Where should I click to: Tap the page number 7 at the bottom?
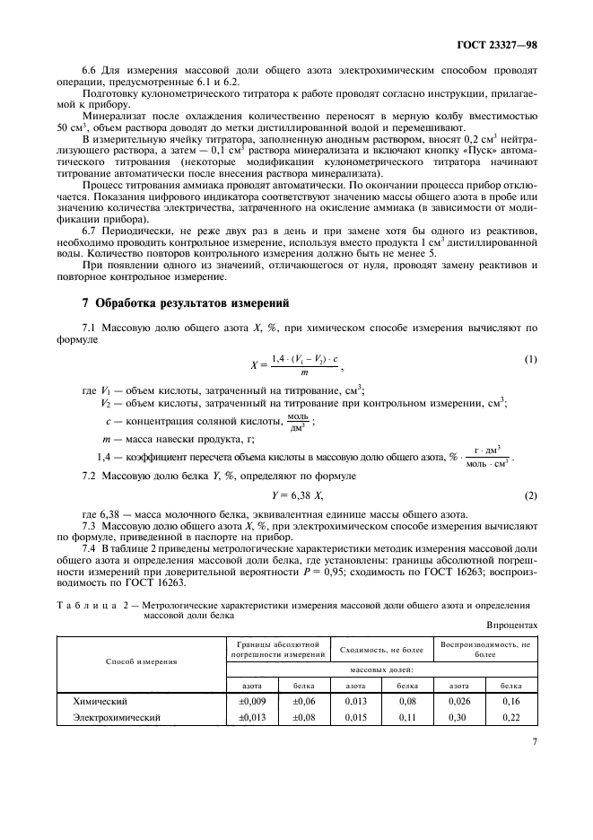pos(534,741)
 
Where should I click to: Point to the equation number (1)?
pos(530,360)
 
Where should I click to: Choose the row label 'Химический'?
pos(100,700)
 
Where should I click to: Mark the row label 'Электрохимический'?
pos(117,718)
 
